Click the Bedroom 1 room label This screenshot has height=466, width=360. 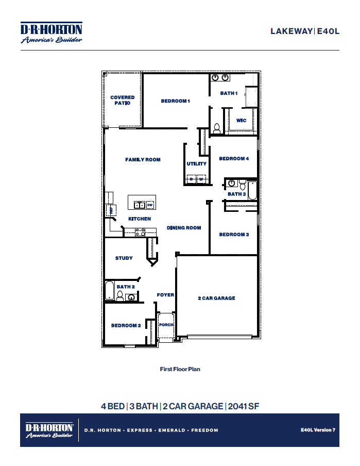click(x=175, y=101)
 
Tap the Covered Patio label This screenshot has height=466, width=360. click(x=123, y=100)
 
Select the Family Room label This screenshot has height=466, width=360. click(x=143, y=160)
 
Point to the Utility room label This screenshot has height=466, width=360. click(x=196, y=164)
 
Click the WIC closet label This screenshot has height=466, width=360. click(x=241, y=121)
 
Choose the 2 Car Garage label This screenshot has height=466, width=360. click(x=216, y=298)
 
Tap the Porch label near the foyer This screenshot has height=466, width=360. click(x=166, y=325)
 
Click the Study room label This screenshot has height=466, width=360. click(x=124, y=258)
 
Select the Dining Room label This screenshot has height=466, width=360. click(x=184, y=228)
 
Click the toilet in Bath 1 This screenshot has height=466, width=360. click(x=217, y=128)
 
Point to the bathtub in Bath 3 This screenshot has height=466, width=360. click(x=252, y=190)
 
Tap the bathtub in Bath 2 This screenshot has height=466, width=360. click(x=109, y=291)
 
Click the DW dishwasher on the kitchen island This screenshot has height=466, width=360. click(x=150, y=205)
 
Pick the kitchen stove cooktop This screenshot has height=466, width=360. click(x=140, y=231)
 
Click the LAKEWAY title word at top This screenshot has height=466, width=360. click(x=291, y=31)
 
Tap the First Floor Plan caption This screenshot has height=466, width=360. click(x=180, y=369)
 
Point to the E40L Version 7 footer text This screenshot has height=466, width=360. click(x=318, y=429)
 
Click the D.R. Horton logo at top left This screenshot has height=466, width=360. click(x=51, y=32)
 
